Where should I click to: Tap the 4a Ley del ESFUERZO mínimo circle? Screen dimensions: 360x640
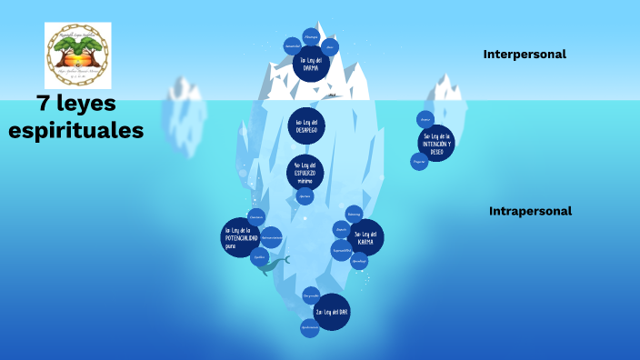point(305,173)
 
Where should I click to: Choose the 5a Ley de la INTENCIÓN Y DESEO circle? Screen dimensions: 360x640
point(436,143)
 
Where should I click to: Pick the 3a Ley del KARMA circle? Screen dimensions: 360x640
point(365,237)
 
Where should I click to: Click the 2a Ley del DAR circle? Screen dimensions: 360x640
point(332,312)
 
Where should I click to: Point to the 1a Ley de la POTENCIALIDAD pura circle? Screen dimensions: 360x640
point(241,237)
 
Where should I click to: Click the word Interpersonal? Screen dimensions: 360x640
point(525,55)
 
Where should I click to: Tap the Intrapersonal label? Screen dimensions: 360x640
point(530,211)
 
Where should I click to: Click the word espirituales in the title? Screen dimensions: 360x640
point(76,131)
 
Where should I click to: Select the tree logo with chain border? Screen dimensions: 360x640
point(77,55)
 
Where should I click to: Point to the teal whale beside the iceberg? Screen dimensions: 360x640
point(275,265)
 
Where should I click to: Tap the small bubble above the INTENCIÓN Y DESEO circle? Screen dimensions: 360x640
point(425,119)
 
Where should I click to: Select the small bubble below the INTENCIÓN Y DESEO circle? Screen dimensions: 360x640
point(419,162)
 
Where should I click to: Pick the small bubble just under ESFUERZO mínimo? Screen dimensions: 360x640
point(305,196)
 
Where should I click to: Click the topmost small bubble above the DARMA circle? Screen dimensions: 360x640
point(310,37)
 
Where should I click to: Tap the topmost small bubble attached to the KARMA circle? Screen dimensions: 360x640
point(354,214)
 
